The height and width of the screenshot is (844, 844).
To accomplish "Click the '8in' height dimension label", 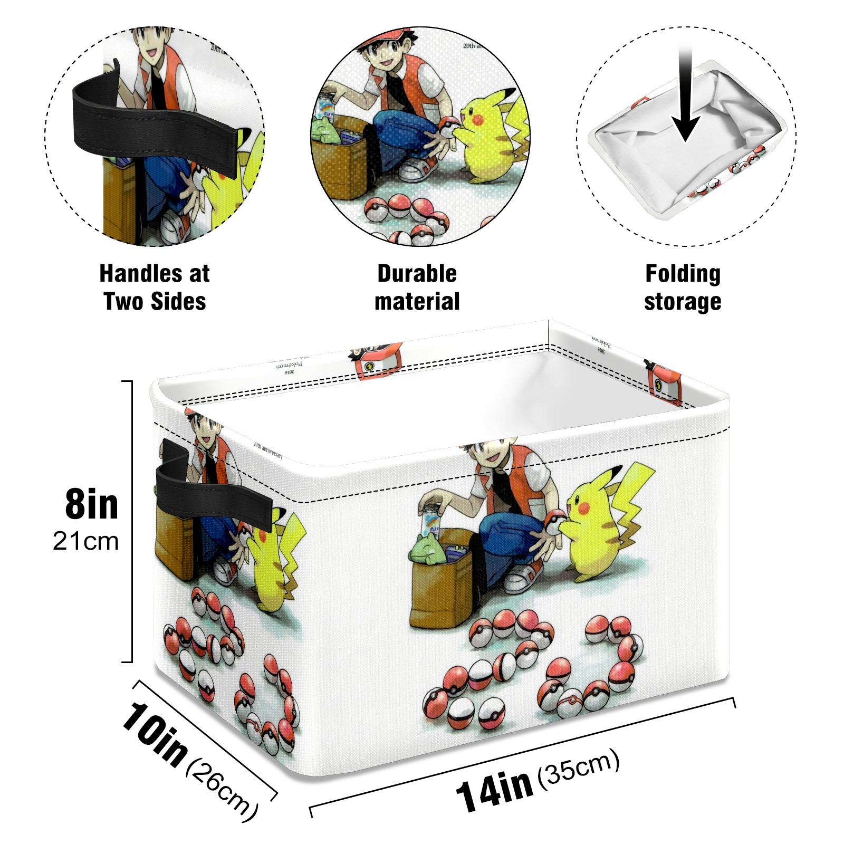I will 92,504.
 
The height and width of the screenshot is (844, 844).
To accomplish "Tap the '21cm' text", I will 86,541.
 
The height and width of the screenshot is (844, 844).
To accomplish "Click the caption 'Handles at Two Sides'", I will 155,287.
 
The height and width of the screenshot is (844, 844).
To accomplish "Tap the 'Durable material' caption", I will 417,287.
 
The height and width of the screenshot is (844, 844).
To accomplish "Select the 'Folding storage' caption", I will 683,287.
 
